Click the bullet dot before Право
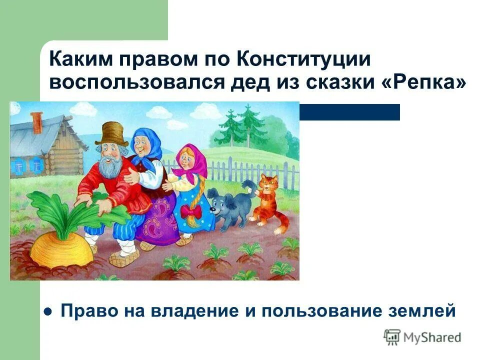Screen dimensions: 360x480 point(48,311)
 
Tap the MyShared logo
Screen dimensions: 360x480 point(422,337)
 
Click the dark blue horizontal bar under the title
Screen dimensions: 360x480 point(350,112)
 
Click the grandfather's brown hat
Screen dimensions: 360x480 point(111,133)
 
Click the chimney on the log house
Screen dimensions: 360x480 point(36,122)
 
